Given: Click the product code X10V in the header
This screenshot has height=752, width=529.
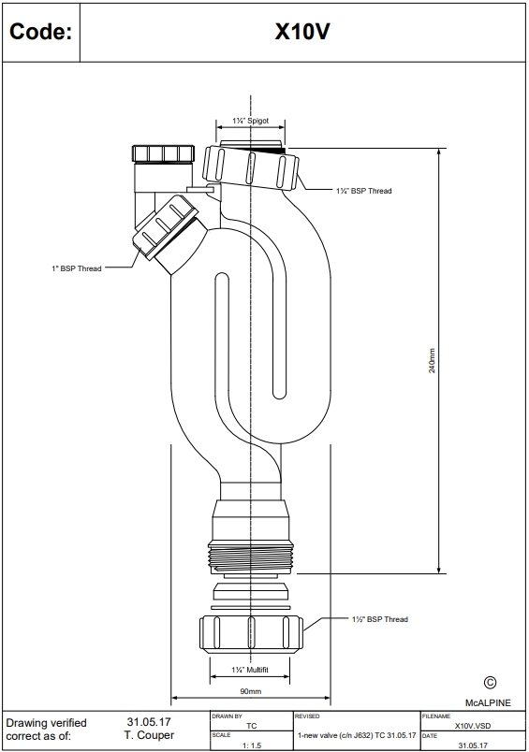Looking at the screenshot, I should coord(301,32).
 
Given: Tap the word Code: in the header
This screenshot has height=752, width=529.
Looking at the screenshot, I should coord(40,32).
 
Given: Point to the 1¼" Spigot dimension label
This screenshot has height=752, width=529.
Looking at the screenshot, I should coord(251,122).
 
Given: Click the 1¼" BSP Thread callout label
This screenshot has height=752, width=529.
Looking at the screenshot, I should coord(363,191).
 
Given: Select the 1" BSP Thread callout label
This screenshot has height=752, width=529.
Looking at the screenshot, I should coord(76,268).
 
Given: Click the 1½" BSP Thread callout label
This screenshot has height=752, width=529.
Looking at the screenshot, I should coord(379,619).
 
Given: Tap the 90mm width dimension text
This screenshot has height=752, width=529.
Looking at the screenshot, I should coord(250,691).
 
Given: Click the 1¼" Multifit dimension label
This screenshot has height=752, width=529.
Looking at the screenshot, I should coord(250,670).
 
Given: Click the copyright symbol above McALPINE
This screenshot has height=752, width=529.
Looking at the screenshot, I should coord(489,684).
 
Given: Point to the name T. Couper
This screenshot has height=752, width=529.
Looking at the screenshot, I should coord(149,735).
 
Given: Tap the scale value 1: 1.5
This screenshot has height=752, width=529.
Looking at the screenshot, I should coord(251,745).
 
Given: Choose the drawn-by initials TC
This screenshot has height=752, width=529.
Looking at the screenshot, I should coord(251,725).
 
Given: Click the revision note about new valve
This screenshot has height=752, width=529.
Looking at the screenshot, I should coord(356,735).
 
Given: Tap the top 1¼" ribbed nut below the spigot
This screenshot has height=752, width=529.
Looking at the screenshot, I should coord(251,167).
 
